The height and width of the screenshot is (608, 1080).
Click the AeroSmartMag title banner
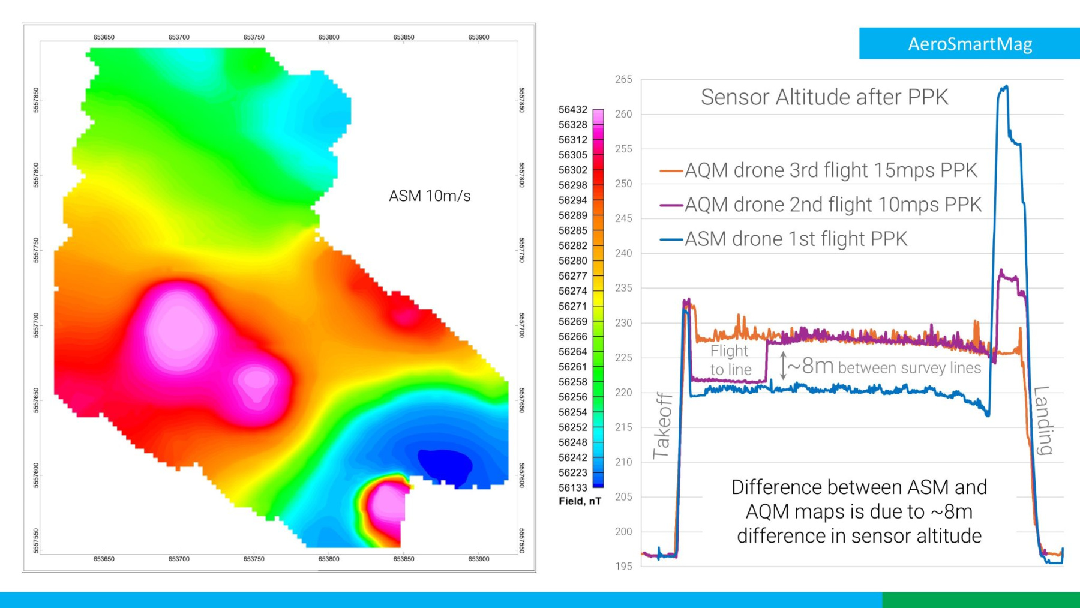click(969, 44)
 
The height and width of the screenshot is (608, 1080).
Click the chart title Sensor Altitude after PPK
click(824, 97)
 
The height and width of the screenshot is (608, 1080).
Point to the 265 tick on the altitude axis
click(623, 79)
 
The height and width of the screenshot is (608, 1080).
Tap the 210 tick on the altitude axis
click(623, 462)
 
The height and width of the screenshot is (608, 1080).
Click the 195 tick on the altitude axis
click(623, 566)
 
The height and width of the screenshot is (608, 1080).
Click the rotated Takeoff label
click(662, 426)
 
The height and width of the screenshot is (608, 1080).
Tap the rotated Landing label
click(1043, 420)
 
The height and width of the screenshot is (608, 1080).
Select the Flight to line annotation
click(730, 360)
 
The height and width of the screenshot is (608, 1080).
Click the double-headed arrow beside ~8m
click(783, 366)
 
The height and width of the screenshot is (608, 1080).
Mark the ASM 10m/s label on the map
click(430, 196)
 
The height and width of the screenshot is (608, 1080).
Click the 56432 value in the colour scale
click(572, 110)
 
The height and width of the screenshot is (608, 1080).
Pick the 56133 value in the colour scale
click(572, 488)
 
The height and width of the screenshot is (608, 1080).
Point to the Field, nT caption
click(580, 501)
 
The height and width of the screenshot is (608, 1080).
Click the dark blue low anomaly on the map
click(445, 464)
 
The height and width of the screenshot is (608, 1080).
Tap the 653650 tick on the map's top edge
click(104, 37)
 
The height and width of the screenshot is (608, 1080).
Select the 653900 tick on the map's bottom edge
click(478, 559)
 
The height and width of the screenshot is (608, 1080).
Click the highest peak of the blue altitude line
click(1005, 88)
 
